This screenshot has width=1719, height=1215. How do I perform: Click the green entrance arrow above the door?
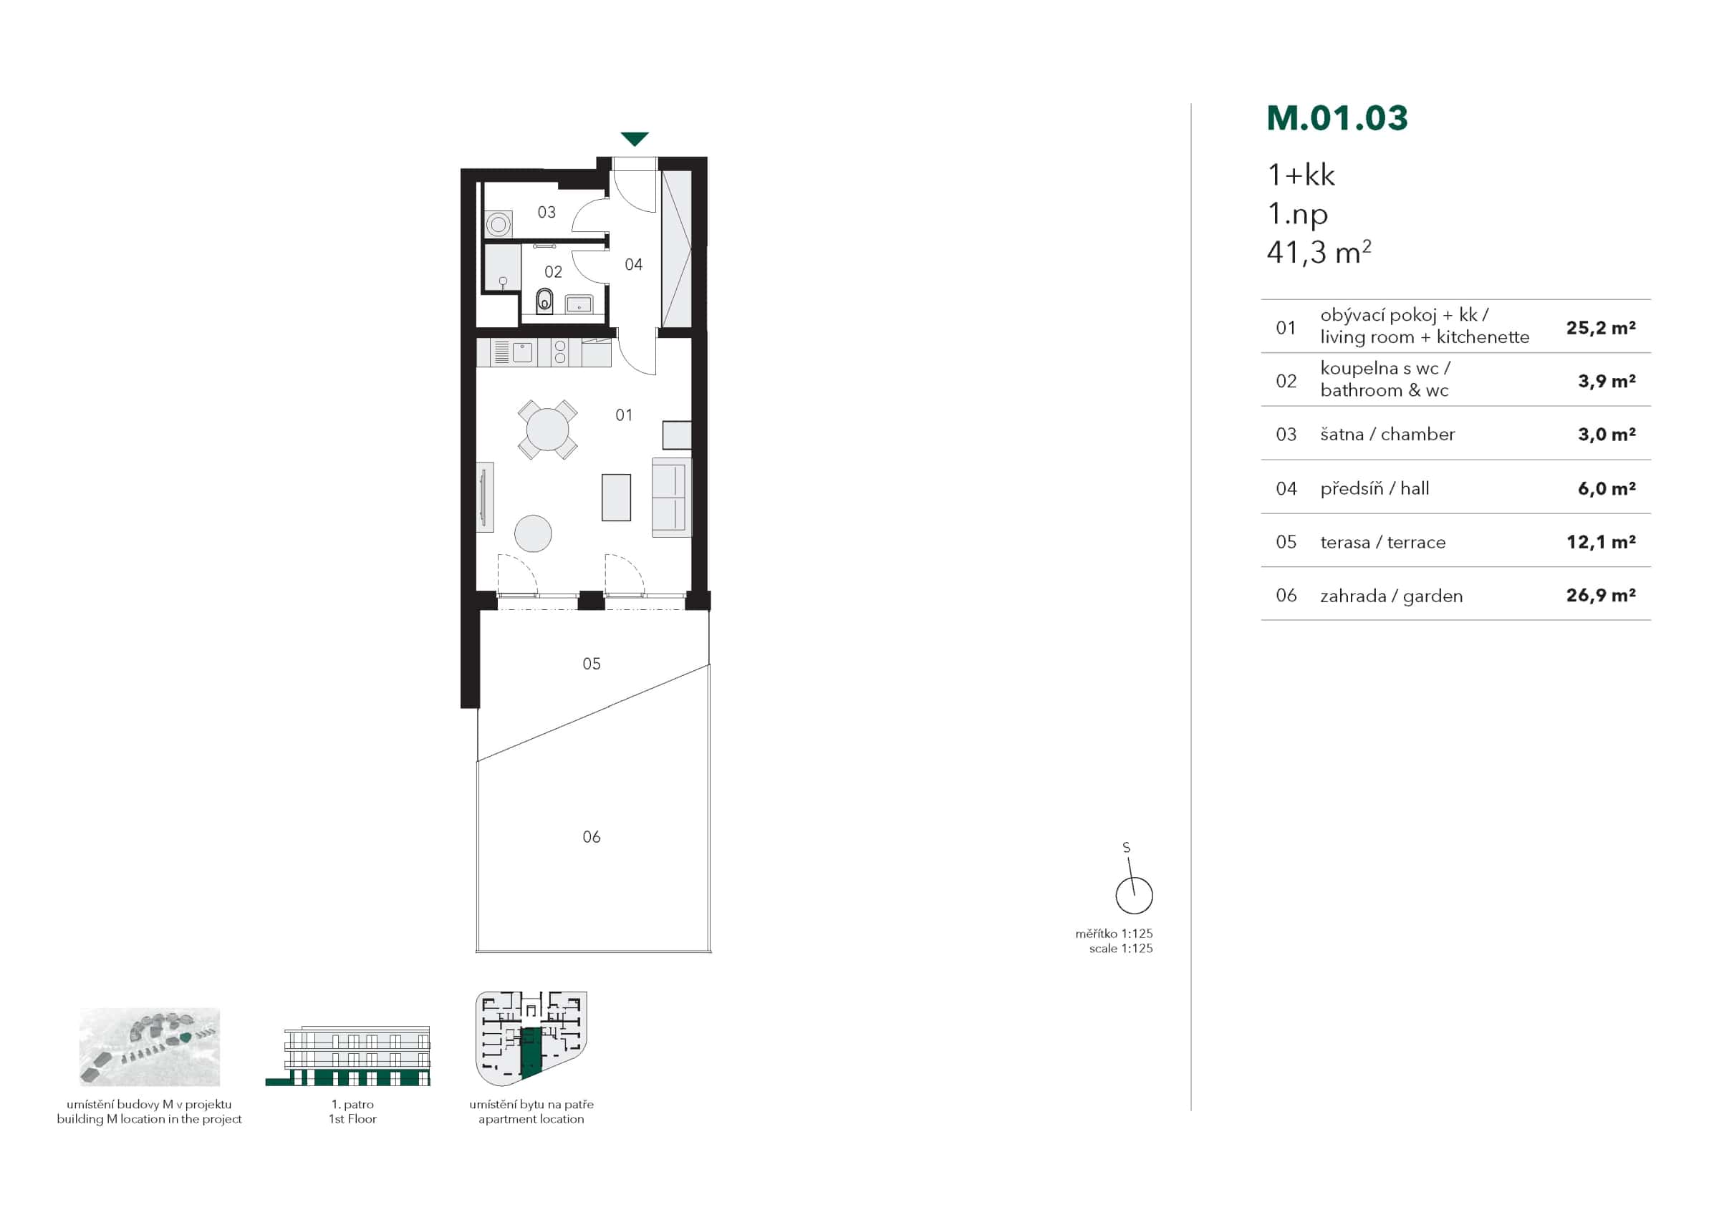[634, 138]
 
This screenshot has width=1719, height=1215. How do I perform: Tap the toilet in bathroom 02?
[544, 301]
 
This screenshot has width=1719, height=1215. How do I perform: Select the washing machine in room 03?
[498, 224]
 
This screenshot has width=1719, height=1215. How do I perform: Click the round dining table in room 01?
[547, 429]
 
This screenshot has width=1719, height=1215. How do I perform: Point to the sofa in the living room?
[671, 497]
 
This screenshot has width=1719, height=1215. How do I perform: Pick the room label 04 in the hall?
[633, 264]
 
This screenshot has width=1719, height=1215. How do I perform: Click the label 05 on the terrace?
[592, 664]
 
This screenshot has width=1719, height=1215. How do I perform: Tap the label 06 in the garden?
[592, 837]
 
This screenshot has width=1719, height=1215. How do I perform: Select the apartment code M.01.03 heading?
[1337, 118]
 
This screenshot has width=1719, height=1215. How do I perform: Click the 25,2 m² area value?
[1601, 327]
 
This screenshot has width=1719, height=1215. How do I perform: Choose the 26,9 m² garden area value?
[1601, 595]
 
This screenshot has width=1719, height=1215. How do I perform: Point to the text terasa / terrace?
[1383, 542]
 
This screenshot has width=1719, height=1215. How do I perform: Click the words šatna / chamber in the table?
[1387, 434]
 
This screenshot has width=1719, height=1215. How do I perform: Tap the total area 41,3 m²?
[1319, 252]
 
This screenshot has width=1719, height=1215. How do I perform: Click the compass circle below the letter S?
[1134, 896]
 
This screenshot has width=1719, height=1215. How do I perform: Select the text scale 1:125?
[1121, 949]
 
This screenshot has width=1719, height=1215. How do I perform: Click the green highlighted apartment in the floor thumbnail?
[530, 1052]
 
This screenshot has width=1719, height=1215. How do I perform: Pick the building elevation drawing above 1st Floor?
[349, 1055]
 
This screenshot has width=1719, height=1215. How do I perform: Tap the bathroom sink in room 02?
[579, 304]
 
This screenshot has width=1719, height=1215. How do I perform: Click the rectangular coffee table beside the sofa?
[616, 497]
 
